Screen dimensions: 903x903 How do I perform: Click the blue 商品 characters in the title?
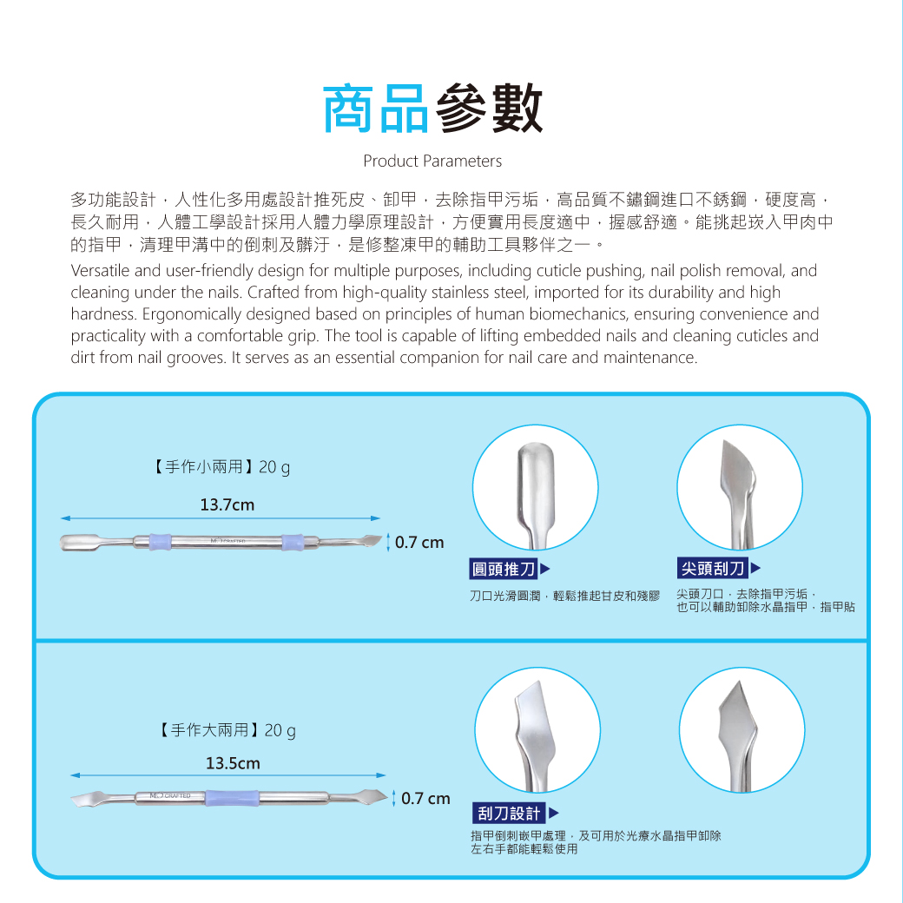pyautogui.click(x=375, y=109)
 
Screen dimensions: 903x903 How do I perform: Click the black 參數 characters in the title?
pyautogui.click(x=489, y=109)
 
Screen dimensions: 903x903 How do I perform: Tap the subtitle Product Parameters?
pyautogui.click(x=432, y=161)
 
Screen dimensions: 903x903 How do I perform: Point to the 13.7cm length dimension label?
pyautogui.click(x=227, y=505)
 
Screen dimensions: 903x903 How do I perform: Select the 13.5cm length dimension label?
pyautogui.click(x=234, y=763)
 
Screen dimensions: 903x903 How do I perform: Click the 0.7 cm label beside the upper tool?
pyautogui.click(x=419, y=543)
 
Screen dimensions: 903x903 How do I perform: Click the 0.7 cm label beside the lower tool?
pyautogui.click(x=425, y=799)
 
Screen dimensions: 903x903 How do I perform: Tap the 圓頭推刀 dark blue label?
pyautogui.click(x=504, y=569)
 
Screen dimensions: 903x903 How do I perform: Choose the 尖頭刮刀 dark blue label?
pyautogui.click(x=712, y=569)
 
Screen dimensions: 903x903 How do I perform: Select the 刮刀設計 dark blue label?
pyautogui.click(x=509, y=814)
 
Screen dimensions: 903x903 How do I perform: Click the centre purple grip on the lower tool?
pyautogui.click(x=232, y=798)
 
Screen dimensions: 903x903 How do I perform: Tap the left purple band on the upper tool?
pyautogui.click(x=160, y=542)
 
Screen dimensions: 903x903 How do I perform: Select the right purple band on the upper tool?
pyautogui.click(x=293, y=542)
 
